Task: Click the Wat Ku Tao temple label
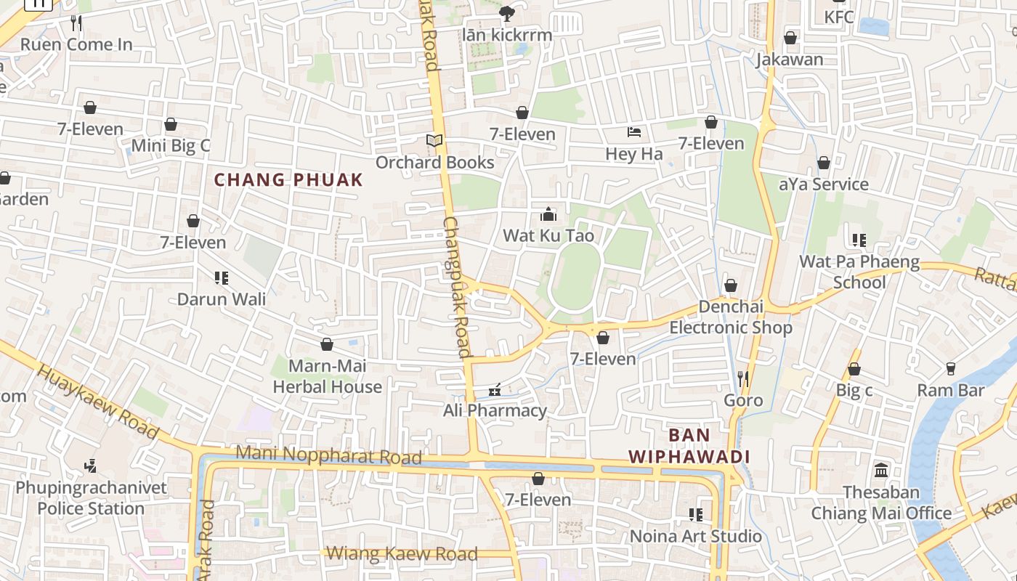tap(548, 236)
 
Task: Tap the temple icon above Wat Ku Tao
tap(548, 214)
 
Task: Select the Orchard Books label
tap(435, 163)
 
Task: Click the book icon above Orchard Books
tap(434, 140)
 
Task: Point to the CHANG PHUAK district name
tap(288, 180)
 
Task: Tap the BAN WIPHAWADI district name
tap(689, 446)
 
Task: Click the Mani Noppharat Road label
tap(329, 455)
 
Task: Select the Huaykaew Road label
tap(97, 401)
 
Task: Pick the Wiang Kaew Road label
tap(402, 554)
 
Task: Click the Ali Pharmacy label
tap(495, 411)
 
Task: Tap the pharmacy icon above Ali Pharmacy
tap(495, 391)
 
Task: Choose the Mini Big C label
tap(171, 145)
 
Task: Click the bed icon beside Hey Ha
tap(634, 132)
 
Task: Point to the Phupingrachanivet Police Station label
tap(91, 497)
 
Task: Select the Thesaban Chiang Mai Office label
tap(881, 503)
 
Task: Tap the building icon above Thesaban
tap(882, 471)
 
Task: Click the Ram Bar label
tap(950, 391)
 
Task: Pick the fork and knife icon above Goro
tap(743, 378)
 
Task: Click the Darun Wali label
tap(222, 299)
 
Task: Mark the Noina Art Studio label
tap(696, 537)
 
